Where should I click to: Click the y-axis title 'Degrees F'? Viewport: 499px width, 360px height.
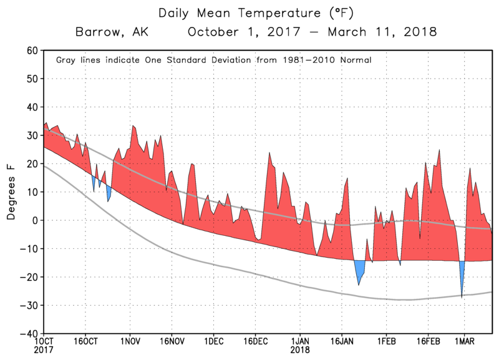tap(11, 192)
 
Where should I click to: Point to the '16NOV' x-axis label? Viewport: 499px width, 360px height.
tap(172, 343)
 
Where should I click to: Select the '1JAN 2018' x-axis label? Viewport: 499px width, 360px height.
tap(299, 346)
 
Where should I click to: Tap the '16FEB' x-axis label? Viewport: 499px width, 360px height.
tap(428, 343)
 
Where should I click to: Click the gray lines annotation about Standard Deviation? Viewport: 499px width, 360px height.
tap(214, 61)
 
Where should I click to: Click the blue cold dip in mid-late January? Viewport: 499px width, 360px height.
tap(359, 271)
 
